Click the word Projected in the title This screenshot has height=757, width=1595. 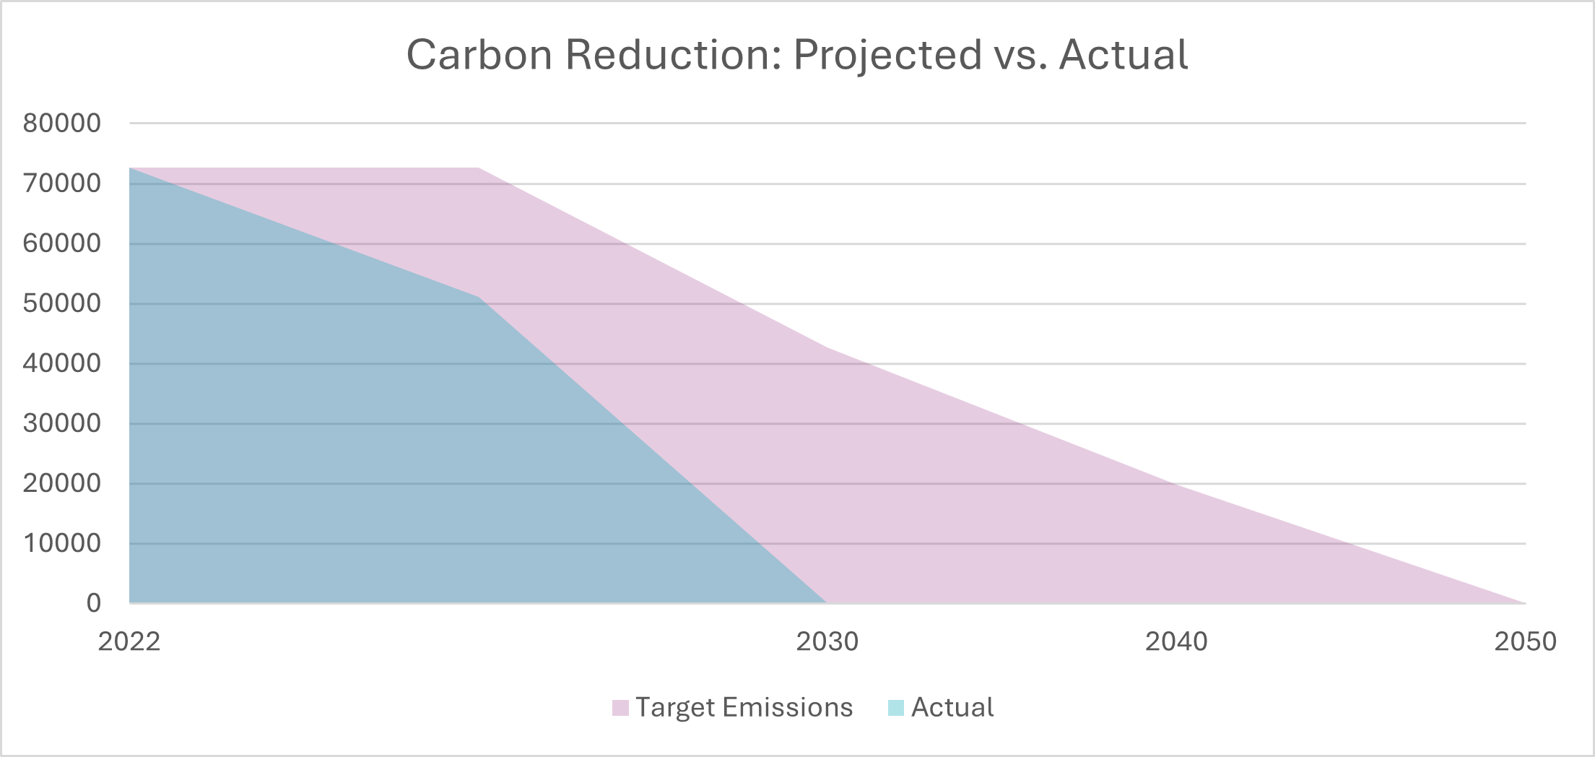(x=887, y=55)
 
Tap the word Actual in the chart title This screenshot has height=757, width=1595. (x=1124, y=55)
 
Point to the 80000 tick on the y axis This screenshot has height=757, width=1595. (x=62, y=124)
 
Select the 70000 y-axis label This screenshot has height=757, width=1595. (x=62, y=183)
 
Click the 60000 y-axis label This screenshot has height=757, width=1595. (x=62, y=243)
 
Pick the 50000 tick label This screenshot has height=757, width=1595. (x=62, y=303)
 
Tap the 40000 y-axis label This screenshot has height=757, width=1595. (x=62, y=363)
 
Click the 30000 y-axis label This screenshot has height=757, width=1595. (x=62, y=423)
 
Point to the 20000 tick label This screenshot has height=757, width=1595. (x=62, y=483)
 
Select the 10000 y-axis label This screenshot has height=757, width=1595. (x=62, y=543)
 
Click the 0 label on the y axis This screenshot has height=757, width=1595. (x=94, y=603)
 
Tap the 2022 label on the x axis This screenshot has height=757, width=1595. (x=129, y=641)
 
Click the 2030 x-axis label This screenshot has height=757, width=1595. (x=827, y=641)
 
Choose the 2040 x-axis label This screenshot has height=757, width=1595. (x=1176, y=641)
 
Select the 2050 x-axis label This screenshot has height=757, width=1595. (x=1525, y=641)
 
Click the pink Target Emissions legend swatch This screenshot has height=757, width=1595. (x=620, y=708)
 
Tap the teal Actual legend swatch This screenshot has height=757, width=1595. (x=895, y=708)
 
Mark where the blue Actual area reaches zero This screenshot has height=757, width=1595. (x=826, y=602)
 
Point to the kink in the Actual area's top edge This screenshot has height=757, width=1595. (x=479, y=297)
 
